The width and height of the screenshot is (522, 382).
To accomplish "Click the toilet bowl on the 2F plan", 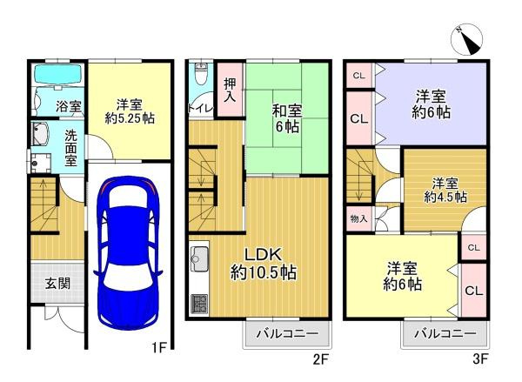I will pos(201,77).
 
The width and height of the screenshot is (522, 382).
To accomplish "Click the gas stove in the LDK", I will pos(198,304).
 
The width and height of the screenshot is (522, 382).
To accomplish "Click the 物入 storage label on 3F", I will pos(358,218).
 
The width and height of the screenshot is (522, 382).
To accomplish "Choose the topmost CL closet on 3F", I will pos(359,77).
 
